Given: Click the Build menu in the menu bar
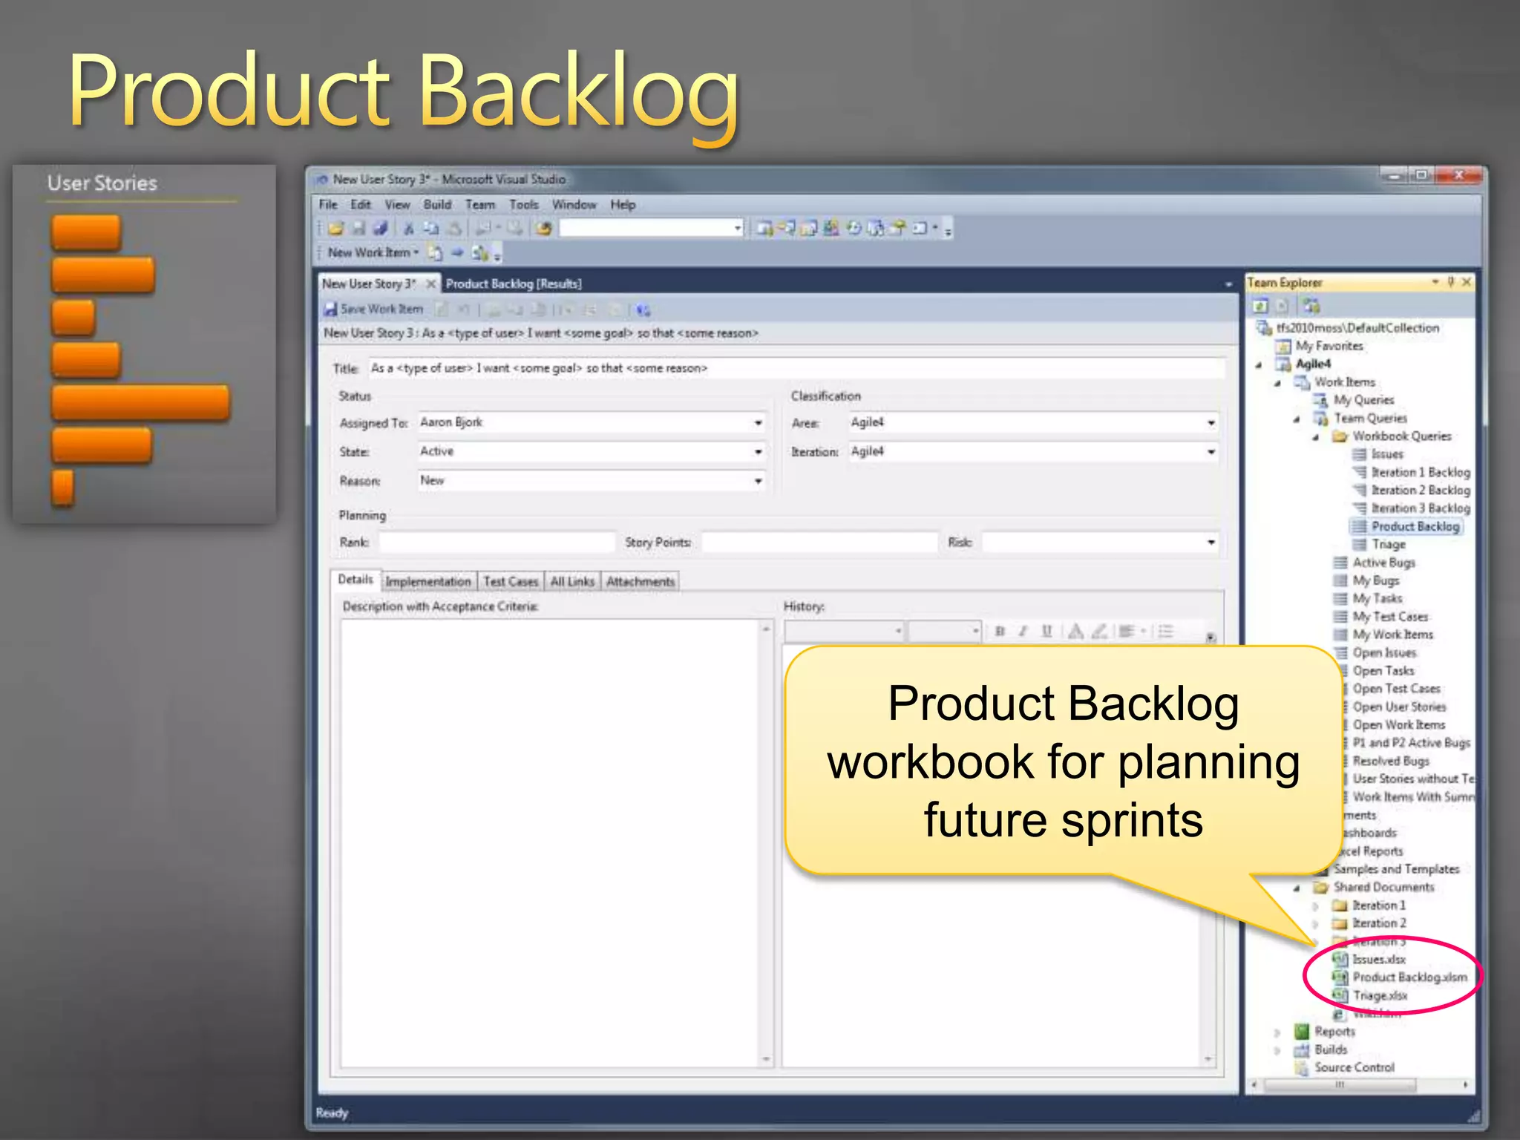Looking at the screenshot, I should (437, 205).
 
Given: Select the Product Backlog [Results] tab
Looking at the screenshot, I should (513, 284).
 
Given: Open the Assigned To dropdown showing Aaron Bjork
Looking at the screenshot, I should (758, 423).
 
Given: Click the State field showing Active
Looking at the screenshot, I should (590, 452).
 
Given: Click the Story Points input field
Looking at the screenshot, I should (819, 543).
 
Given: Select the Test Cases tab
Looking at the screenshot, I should (511, 582).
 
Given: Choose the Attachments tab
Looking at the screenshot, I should (640, 582).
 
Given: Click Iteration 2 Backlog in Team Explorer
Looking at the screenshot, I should (1420, 491).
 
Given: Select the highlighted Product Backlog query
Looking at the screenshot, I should (1415, 527).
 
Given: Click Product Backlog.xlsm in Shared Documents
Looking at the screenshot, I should (1409, 977).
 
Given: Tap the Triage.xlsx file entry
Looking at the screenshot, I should (1379, 996).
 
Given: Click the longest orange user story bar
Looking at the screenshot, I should (140, 403).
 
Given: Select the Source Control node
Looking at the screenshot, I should (1354, 1067).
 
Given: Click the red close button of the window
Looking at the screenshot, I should (1458, 176).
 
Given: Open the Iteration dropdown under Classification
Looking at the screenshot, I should (1211, 452).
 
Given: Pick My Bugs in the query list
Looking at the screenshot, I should (1375, 580).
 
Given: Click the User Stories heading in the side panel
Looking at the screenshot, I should (102, 183).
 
